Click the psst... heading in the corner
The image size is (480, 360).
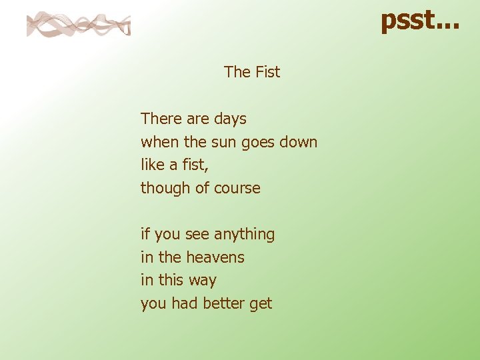419,20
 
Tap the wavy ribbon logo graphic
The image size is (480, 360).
78,25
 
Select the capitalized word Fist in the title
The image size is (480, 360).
267,72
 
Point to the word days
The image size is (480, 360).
230,119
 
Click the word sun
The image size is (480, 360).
223,142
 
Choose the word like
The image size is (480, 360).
152,165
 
